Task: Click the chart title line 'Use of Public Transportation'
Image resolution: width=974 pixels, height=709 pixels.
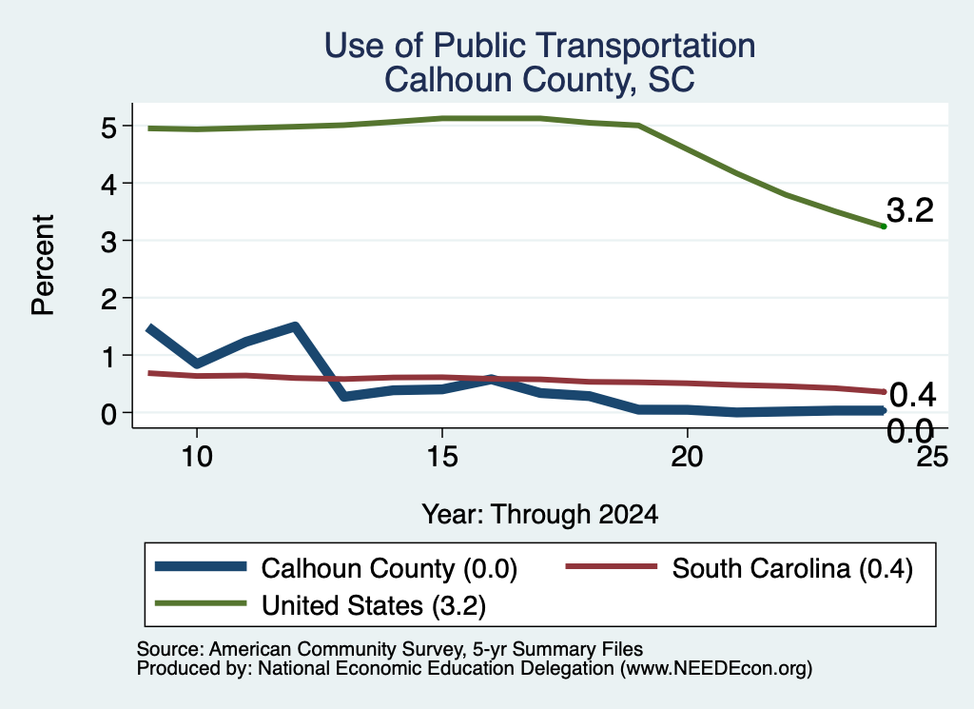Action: pos(540,46)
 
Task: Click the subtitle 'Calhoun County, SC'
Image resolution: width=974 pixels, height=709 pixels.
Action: pos(539,80)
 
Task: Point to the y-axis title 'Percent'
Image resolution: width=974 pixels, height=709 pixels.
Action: pos(44,266)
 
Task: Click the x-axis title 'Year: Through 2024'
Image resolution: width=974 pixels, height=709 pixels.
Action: pos(540,515)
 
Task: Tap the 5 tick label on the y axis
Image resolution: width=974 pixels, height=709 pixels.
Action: pos(108,128)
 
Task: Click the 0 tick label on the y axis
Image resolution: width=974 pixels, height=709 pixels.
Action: pos(108,414)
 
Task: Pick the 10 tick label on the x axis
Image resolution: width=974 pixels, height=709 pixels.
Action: pos(197,458)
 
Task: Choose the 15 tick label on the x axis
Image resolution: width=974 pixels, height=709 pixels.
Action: pos(442,458)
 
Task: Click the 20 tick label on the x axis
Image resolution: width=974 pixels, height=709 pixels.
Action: pos(687,458)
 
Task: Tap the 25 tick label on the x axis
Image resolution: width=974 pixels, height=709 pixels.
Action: pos(932,458)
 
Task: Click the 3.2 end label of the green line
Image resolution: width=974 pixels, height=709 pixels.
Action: pos(910,210)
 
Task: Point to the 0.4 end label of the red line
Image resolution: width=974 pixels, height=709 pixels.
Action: pos(912,395)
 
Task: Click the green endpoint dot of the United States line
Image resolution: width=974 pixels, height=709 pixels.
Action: pos(884,226)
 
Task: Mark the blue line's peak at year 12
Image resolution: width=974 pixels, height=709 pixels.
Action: pos(295,326)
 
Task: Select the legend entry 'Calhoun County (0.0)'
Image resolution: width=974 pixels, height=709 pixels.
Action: pos(336,568)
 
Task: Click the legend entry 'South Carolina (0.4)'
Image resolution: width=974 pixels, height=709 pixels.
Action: pos(739,568)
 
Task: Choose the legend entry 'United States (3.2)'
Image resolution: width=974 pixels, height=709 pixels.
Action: pos(321,605)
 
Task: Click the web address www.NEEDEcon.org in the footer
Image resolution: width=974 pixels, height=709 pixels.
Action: pos(716,669)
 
